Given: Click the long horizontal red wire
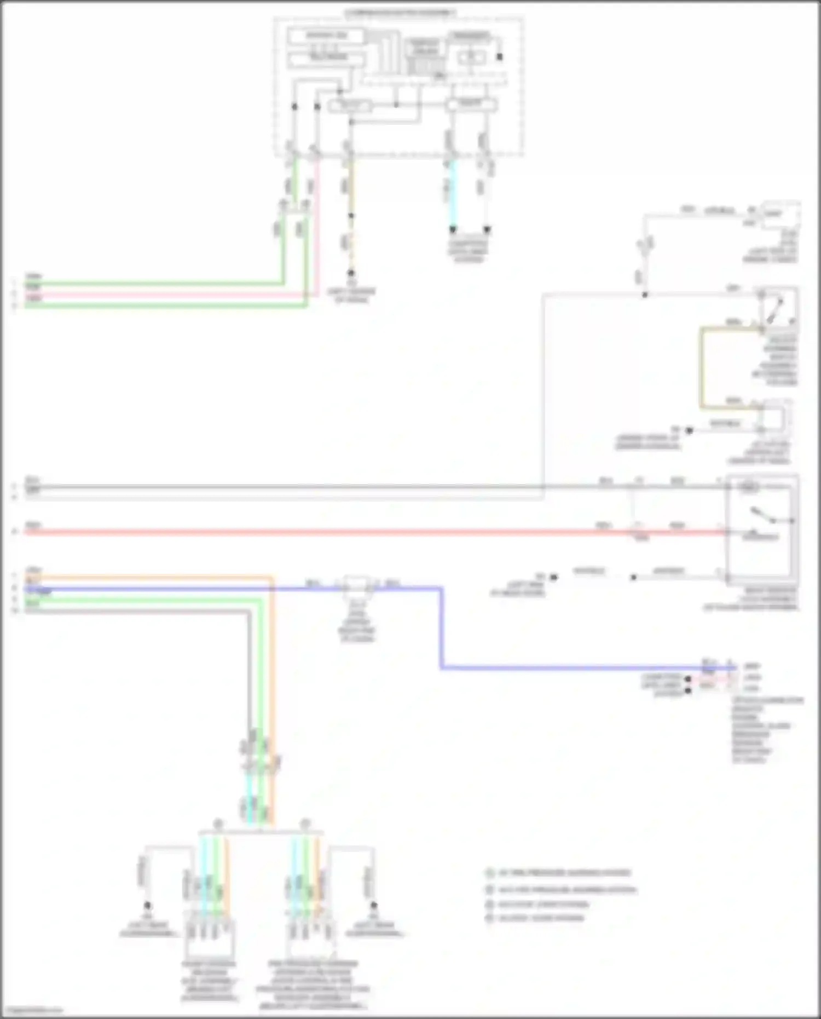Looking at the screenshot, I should [328, 531].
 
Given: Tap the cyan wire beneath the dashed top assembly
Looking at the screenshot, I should [453, 192].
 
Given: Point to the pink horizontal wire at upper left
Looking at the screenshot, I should [164, 295].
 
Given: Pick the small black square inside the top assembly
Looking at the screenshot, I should [499, 56].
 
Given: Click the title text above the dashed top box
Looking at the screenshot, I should [400, 12].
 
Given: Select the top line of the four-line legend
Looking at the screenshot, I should [558, 873].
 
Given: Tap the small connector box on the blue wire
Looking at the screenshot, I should [357, 585].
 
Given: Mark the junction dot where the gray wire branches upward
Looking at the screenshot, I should [645, 295].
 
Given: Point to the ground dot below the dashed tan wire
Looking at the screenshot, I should [351, 272].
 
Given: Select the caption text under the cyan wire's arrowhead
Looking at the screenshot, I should [469, 251].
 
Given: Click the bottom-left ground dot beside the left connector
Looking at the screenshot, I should [147, 906].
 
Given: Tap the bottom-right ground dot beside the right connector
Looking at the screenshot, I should [374, 906].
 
